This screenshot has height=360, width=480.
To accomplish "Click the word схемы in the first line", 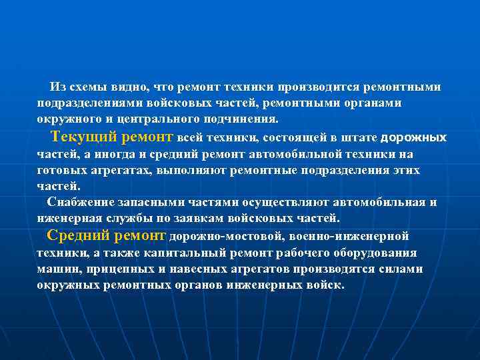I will pos(86,87).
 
